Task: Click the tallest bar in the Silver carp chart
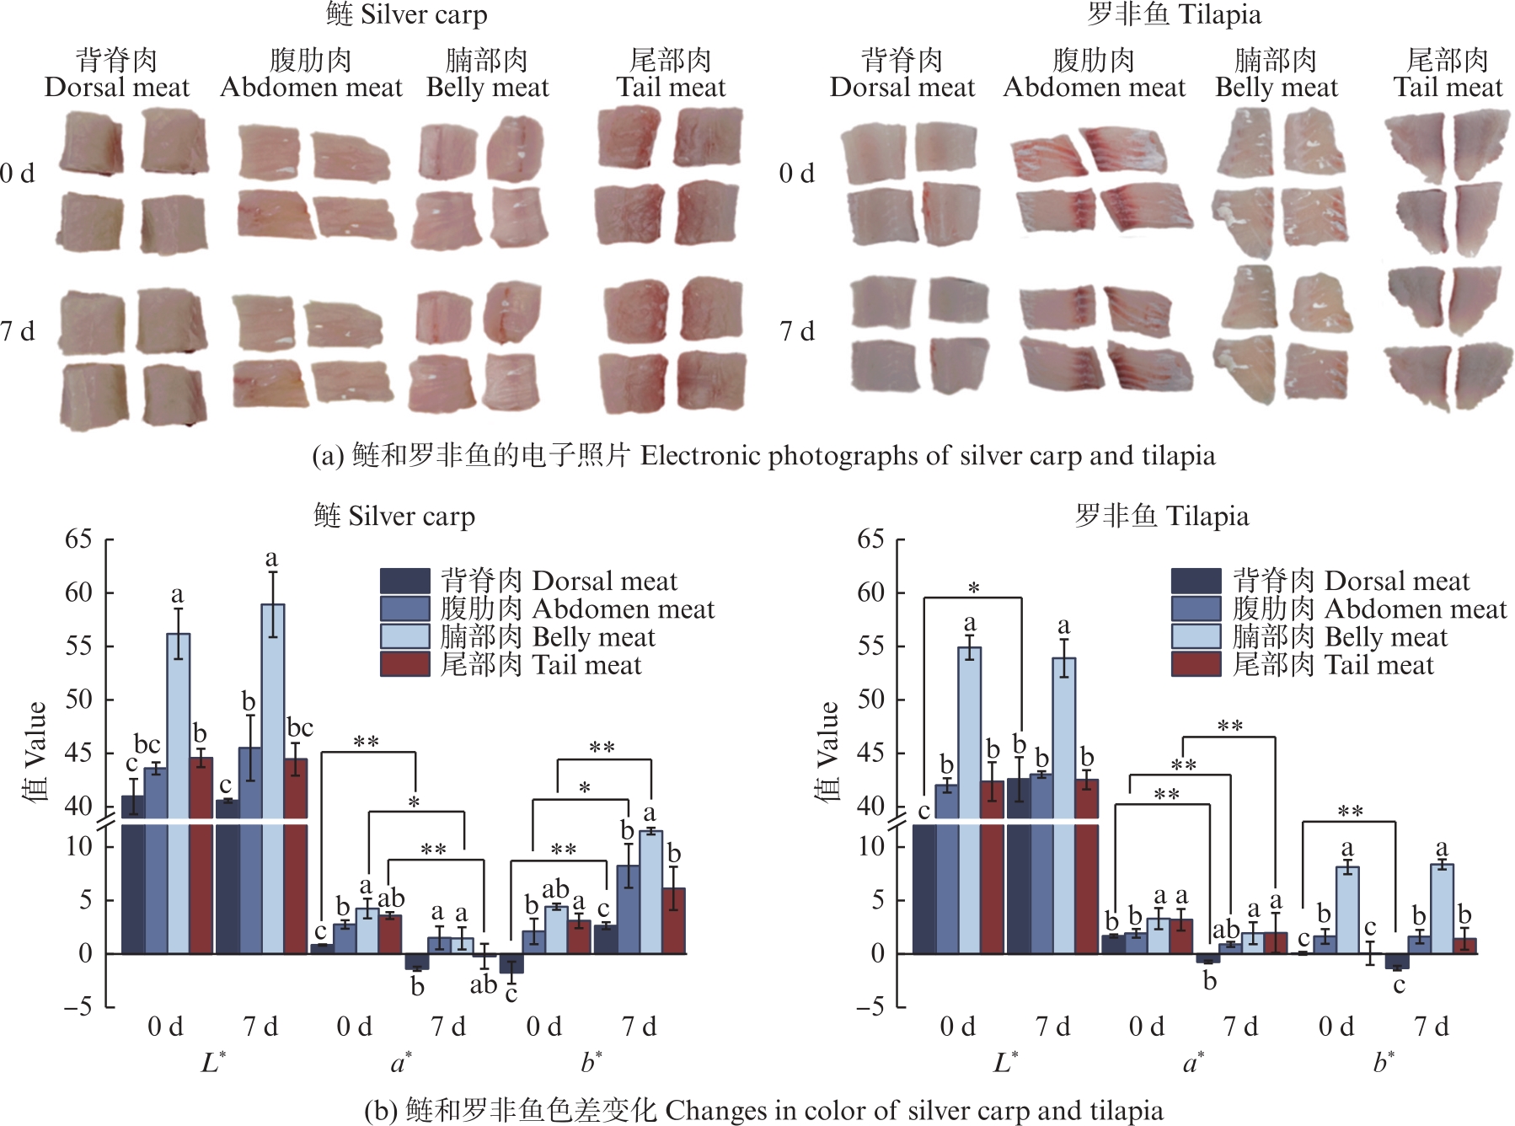(x=272, y=716)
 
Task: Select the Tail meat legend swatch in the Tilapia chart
(x=1196, y=665)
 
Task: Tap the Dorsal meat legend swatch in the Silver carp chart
(x=404, y=581)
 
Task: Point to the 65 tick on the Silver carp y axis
(x=79, y=539)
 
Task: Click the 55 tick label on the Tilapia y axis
(x=871, y=646)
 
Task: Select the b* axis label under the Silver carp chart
(x=592, y=1062)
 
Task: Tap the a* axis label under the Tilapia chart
(x=1193, y=1062)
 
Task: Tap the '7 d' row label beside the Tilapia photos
(x=796, y=331)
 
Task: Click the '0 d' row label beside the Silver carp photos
(x=18, y=174)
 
